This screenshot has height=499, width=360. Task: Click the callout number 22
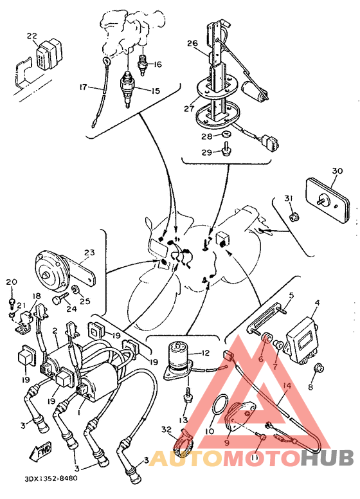click(x=32, y=36)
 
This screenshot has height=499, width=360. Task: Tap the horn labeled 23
click(x=50, y=271)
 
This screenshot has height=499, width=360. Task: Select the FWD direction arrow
click(x=40, y=451)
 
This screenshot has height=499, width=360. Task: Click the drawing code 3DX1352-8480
click(x=50, y=478)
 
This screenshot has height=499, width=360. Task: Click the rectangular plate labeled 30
click(x=327, y=201)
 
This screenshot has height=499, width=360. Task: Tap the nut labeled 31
click(x=294, y=217)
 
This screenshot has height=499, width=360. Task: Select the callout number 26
click(x=192, y=43)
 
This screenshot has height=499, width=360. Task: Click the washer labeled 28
click(x=226, y=134)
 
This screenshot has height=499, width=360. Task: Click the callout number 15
click(x=156, y=91)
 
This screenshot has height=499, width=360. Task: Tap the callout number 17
click(x=84, y=87)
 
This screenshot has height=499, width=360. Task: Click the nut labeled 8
click(x=318, y=368)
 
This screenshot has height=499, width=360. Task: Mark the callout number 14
click(x=287, y=386)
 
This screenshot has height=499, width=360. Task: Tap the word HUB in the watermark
click(x=327, y=458)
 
